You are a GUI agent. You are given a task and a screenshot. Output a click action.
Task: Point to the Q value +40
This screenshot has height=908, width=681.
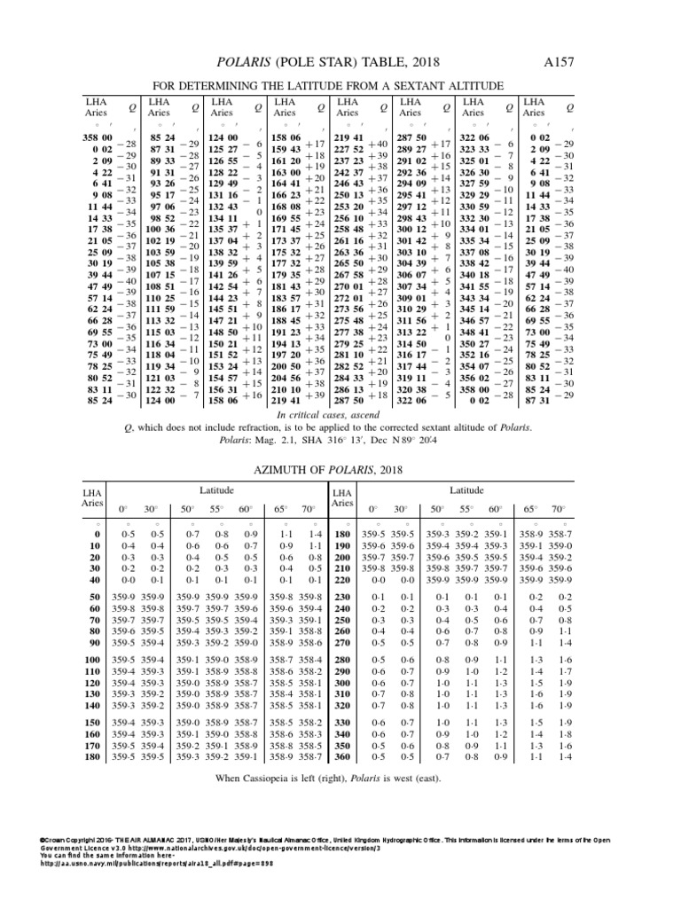[379, 144]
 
